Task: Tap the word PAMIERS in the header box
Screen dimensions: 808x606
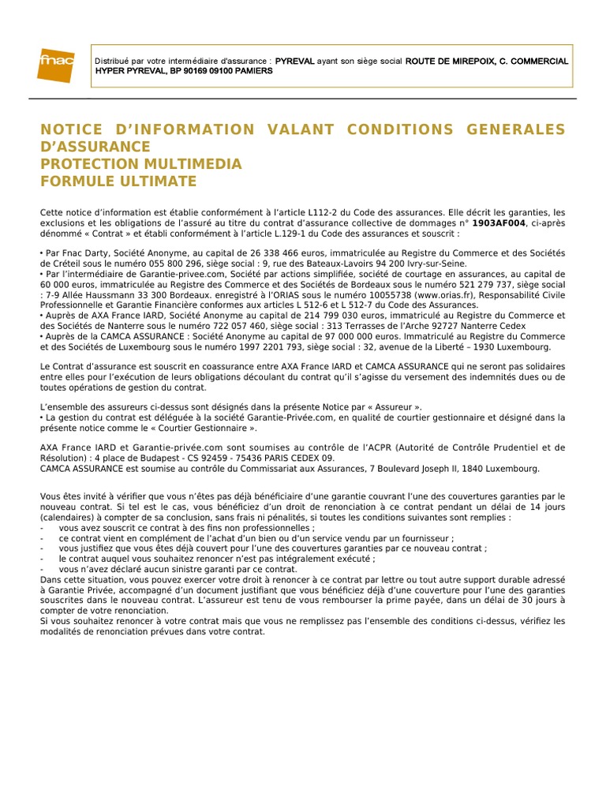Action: click(x=252, y=71)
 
